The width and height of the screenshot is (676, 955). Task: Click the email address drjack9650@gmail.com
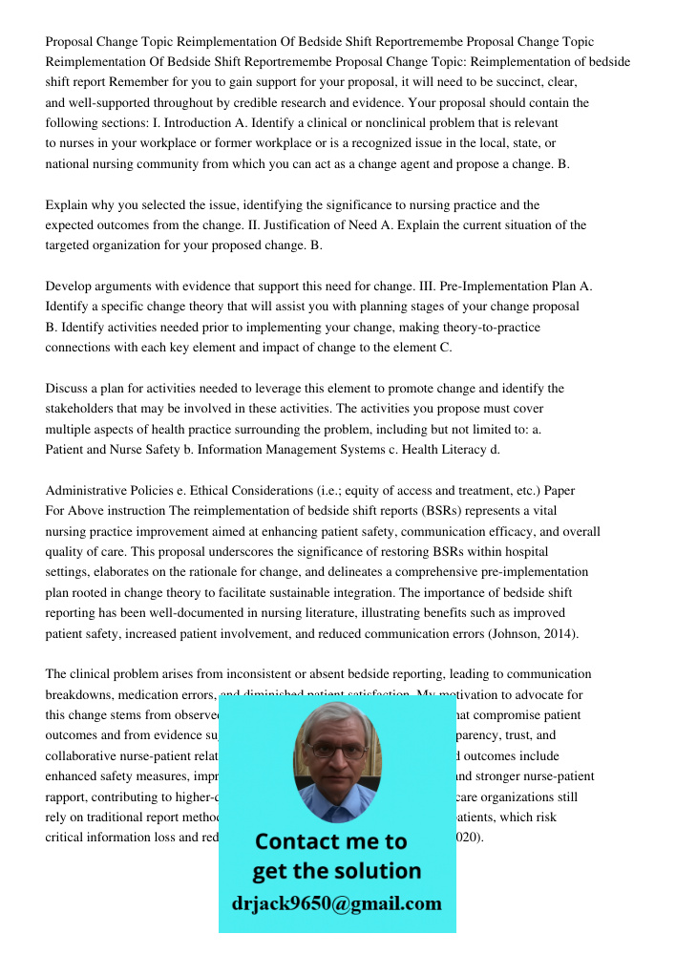337,903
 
